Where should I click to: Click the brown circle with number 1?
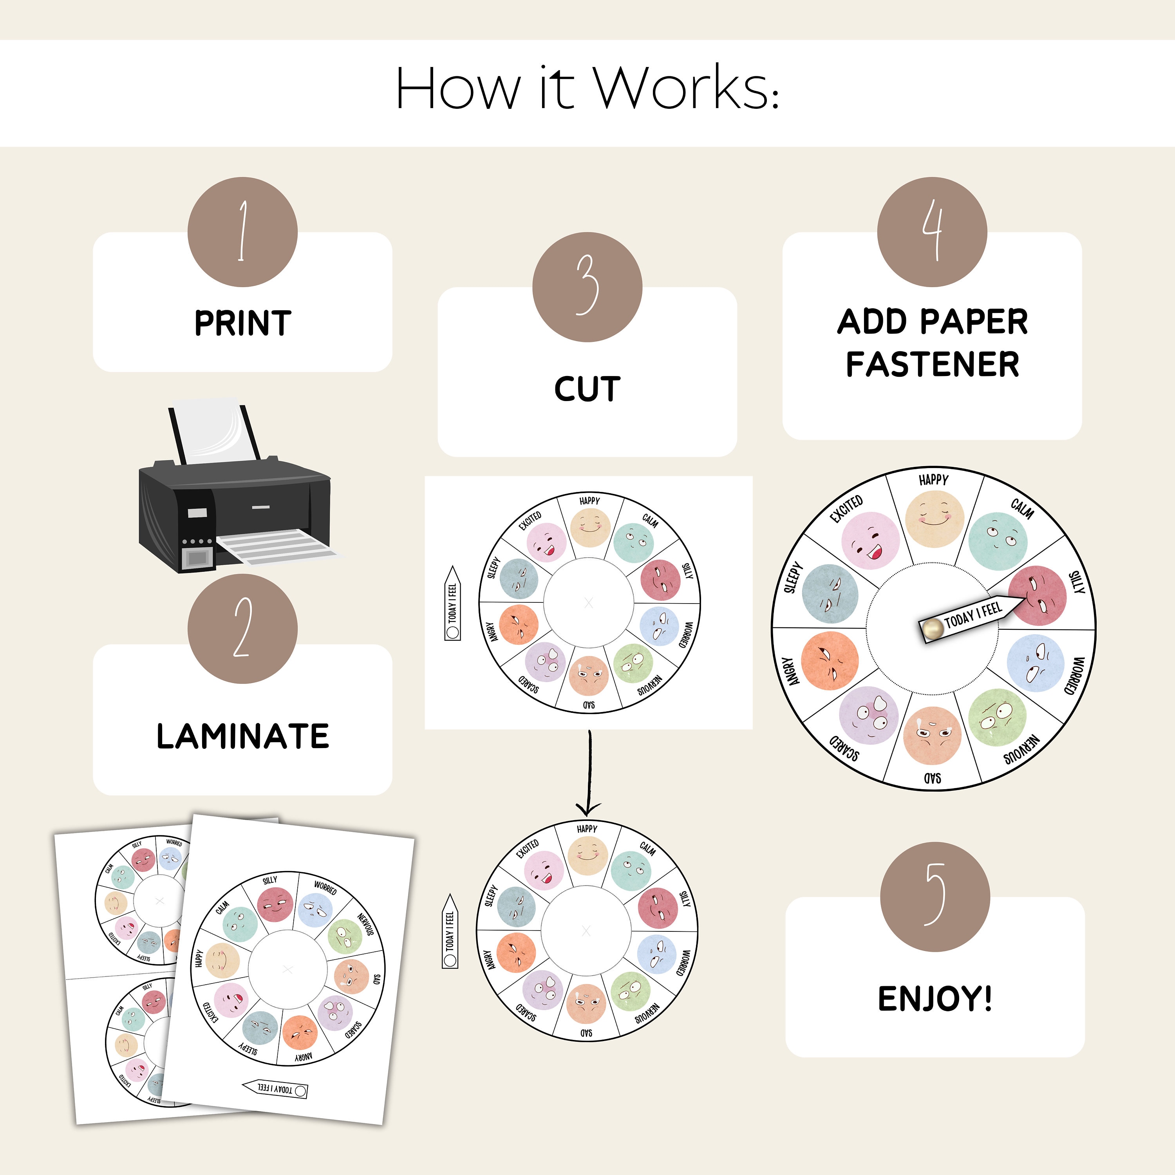pyautogui.click(x=242, y=232)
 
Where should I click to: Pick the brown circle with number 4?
pyautogui.click(x=932, y=232)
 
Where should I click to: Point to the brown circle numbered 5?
pyautogui.click(x=935, y=897)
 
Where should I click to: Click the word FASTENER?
pyautogui.click(x=932, y=364)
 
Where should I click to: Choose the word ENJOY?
pyautogui.click(x=935, y=999)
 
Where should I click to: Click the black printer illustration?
pyautogui.click(x=234, y=511)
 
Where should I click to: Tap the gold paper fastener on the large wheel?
pyautogui.click(x=931, y=629)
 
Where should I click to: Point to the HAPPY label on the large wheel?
pyautogui.click(x=933, y=480)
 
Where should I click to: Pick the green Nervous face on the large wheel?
pyautogui.click(x=996, y=718)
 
